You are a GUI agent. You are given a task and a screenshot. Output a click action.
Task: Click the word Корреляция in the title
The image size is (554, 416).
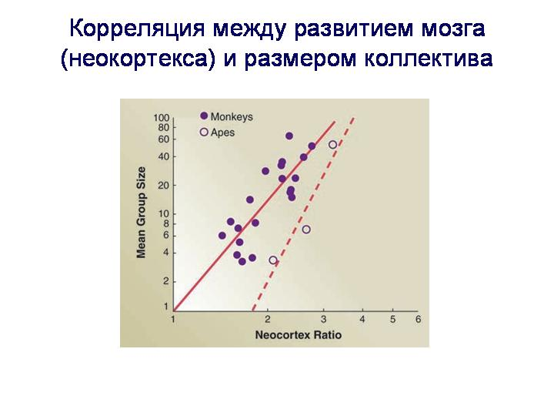tap(137, 29)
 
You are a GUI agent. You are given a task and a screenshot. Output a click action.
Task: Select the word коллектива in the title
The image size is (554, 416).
tap(429, 59)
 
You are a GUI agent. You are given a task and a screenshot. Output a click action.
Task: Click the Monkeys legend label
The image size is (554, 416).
tap(232, 117)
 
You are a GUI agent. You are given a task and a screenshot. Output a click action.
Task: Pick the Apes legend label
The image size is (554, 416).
tap(222, 133)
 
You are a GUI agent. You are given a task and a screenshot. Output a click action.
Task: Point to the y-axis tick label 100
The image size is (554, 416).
tap(161, 118)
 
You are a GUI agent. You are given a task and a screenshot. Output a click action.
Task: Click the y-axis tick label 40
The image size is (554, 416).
tap(164, 156)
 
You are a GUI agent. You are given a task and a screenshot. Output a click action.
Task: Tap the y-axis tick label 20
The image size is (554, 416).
tap(164, 186)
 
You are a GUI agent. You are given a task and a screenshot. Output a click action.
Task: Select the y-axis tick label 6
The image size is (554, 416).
tap(166, 236)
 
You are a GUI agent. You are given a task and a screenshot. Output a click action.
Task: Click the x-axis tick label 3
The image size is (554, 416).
tap(324, 320)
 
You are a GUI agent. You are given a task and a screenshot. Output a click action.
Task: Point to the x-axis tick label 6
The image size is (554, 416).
tap(419, 320)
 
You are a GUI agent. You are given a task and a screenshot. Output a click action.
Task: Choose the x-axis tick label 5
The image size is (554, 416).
tap(393, 320)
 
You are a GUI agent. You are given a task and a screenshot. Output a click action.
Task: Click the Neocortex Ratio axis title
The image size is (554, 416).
tap(299, 335)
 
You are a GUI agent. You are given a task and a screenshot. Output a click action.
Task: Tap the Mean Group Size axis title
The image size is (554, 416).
tap(141, 213)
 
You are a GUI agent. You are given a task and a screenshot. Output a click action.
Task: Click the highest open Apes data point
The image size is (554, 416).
tap(333, 144)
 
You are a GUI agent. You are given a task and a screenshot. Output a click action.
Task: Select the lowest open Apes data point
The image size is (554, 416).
tap(272, 260)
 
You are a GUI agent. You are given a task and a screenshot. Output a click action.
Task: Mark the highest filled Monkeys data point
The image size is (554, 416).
tap(289, 136)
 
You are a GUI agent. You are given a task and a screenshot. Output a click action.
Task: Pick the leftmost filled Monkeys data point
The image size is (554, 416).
tap(222, 236)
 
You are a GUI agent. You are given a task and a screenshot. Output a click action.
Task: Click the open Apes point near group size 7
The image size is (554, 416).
tap(306, 230)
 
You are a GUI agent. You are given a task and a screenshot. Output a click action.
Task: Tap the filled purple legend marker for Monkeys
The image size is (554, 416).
tap(204, 116)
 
